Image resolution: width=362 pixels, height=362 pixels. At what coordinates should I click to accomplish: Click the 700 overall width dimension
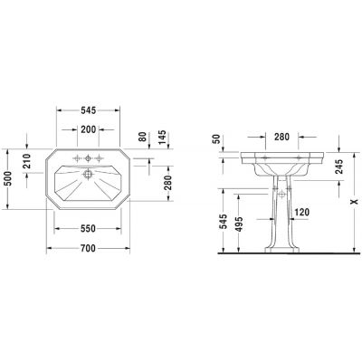coord(88,247)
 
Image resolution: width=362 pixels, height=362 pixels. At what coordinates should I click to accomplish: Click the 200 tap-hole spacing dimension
coord(88,129)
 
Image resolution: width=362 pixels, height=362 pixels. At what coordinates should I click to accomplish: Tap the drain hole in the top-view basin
coord(88,172)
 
